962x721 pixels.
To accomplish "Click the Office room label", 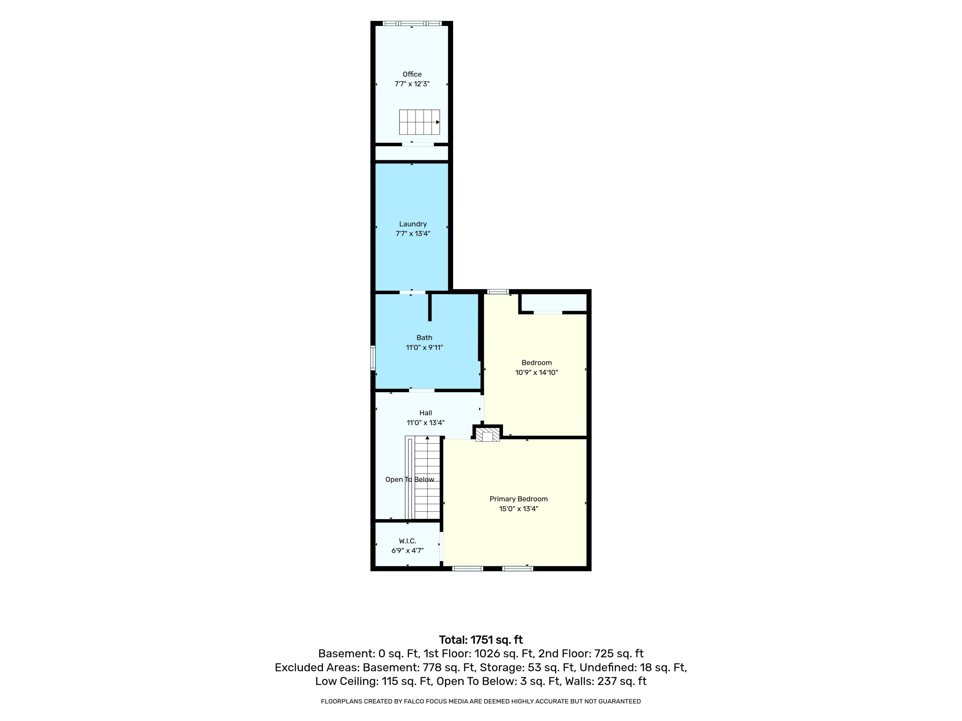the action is point(412,74).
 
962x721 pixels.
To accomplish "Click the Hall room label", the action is point(425,413).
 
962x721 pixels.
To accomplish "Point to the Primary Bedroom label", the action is point(519,499).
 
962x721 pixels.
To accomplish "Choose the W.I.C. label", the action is point(408,541).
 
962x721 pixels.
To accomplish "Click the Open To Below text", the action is point(410,479).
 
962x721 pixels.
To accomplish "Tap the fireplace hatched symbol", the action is point(487,435).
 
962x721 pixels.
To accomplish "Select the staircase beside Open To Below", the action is point(427,478).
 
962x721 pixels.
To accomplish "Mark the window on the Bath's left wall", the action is point(373,358).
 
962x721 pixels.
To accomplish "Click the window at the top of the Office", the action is point(412,23).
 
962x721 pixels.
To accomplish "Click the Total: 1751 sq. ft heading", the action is point(481,640).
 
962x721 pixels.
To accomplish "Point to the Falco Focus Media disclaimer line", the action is point(481,701).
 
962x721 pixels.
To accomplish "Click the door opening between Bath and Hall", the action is point(422,390).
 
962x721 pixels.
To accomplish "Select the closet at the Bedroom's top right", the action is point(554,302).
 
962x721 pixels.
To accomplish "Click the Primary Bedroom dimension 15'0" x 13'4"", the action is point(519,509).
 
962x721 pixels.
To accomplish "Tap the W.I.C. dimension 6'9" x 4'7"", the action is point(408,551).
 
